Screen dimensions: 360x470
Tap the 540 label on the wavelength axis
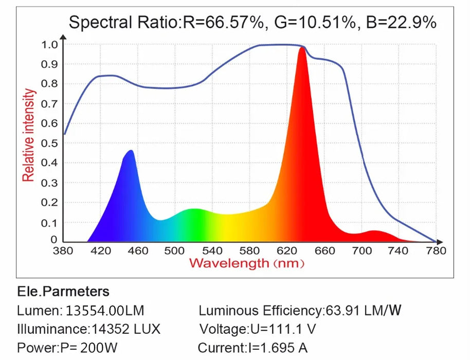coord(212,251)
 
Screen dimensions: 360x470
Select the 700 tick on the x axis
coord(361,251)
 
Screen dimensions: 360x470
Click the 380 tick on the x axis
coord(63,251)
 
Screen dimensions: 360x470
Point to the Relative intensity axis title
coord(29,135)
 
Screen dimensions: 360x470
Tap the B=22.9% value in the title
coord(401,22)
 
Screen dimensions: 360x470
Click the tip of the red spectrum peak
coord(302,48)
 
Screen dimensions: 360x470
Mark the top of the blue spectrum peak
coord(131,151)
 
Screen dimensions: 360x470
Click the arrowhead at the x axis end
coord(438,241)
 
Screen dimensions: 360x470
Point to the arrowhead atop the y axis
coord(63,37)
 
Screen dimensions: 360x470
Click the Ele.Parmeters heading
coord(63,292)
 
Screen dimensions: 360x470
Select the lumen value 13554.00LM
coord(105,311)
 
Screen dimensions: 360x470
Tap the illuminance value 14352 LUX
coord(126,329)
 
